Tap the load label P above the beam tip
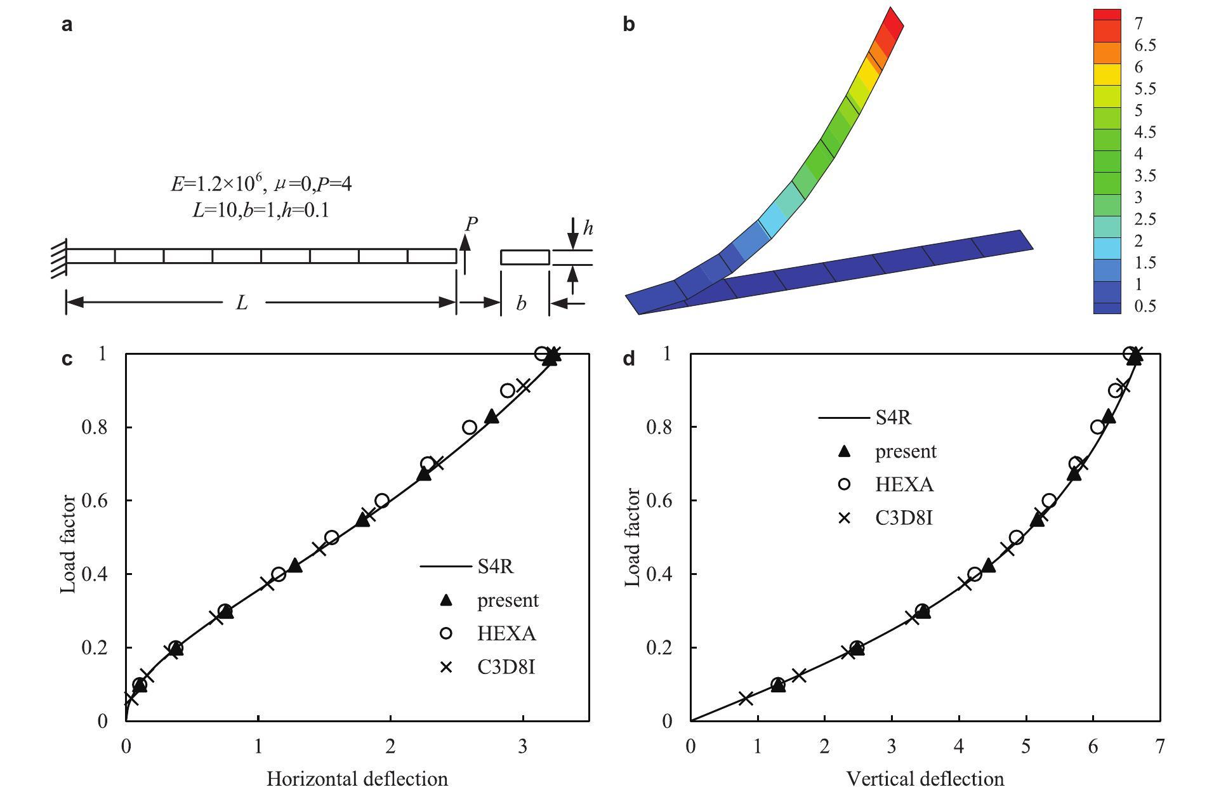pyautogui.click(x=471, y=224)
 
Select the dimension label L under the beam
pyautogui.click(x=242, y=303)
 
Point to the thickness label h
pyautogui.click(x=588, y=228)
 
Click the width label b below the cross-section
pyautogui.click(x=521, y=304)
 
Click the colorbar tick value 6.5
pyautogui.click(x=1145, y=46)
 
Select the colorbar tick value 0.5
pyautogui.click(x=1145, y=306)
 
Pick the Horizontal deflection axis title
pyautogui.click(x=357, y=779)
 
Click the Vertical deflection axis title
pyautogui.click(x=925, y=779)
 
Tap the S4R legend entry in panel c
pyautogui.click(x=495, y=566)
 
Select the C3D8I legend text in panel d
pyautogui.click(x=904, y=518)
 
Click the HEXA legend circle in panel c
pyautogui.click(x=447, y=633)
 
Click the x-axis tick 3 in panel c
pyautogui.click(x=522, y=746)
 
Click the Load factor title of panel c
pyautogui.click(x=69, y=545)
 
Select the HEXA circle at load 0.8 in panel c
pyautogui.click(x=470, y=427)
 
